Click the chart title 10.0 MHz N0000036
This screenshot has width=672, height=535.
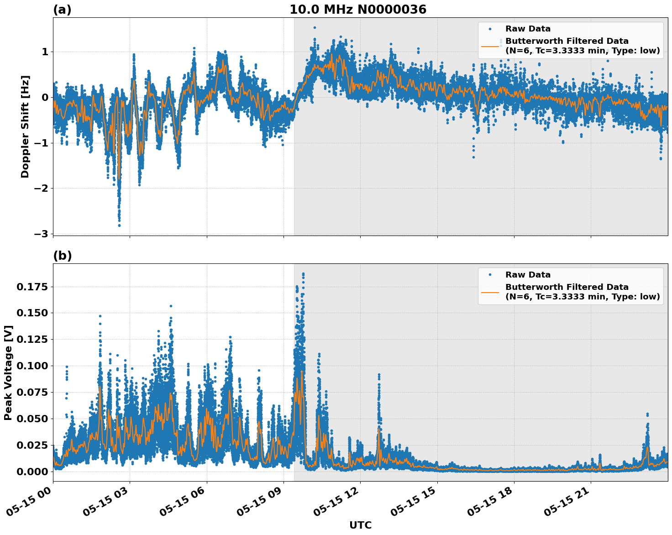click(x=358, y=10)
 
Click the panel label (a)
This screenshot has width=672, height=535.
click(x=62, y=10)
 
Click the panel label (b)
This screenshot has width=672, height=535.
click(x=63, y=256)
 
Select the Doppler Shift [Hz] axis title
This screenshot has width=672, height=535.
click(x=25, y=126)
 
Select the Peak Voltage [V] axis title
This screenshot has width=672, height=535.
click(x=8, y=372)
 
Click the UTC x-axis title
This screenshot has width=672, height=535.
click(x=360, y=525)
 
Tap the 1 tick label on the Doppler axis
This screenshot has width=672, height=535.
click(x=45, y=52)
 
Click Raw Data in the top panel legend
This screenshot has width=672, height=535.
click(x=528, y=29)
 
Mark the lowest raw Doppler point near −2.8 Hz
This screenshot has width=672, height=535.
click(x=119, y=225)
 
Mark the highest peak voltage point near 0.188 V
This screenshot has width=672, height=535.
click(x=303, y=274)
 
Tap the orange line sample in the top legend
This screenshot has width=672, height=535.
click(x=490, y=46)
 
